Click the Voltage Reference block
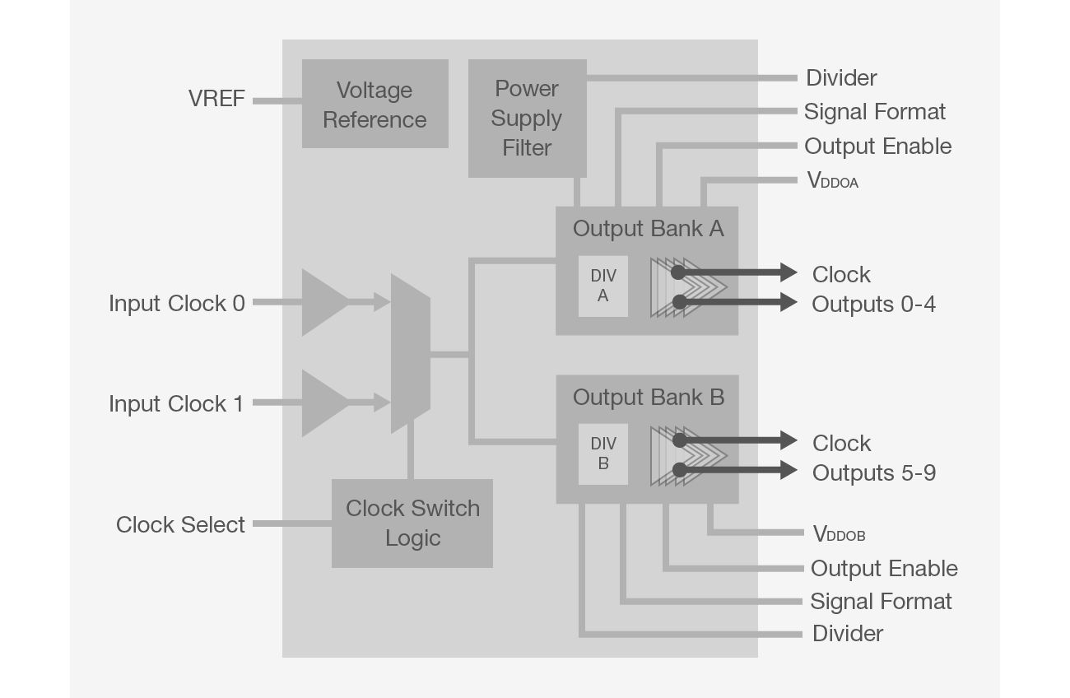[374, 105]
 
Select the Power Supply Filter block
[527, 119]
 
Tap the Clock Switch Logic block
[412, 523]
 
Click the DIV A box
[602, 286]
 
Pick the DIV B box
[602, 454]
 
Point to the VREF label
[216, 99]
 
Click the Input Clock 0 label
[177, 304]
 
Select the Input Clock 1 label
[177, 404]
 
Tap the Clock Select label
[180, 525]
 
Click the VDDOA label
[832, 181]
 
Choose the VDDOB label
[839, 534]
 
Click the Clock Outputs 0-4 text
[872, 289]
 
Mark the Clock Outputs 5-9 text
[872, 458]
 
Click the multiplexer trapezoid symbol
[410, 354]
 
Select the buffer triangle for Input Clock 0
[323, 303]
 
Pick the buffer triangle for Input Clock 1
[323, 403]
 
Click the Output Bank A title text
[648, 229]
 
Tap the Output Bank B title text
[648, 398]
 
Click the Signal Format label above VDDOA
[874, 112]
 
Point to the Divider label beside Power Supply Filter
[841, 78]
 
